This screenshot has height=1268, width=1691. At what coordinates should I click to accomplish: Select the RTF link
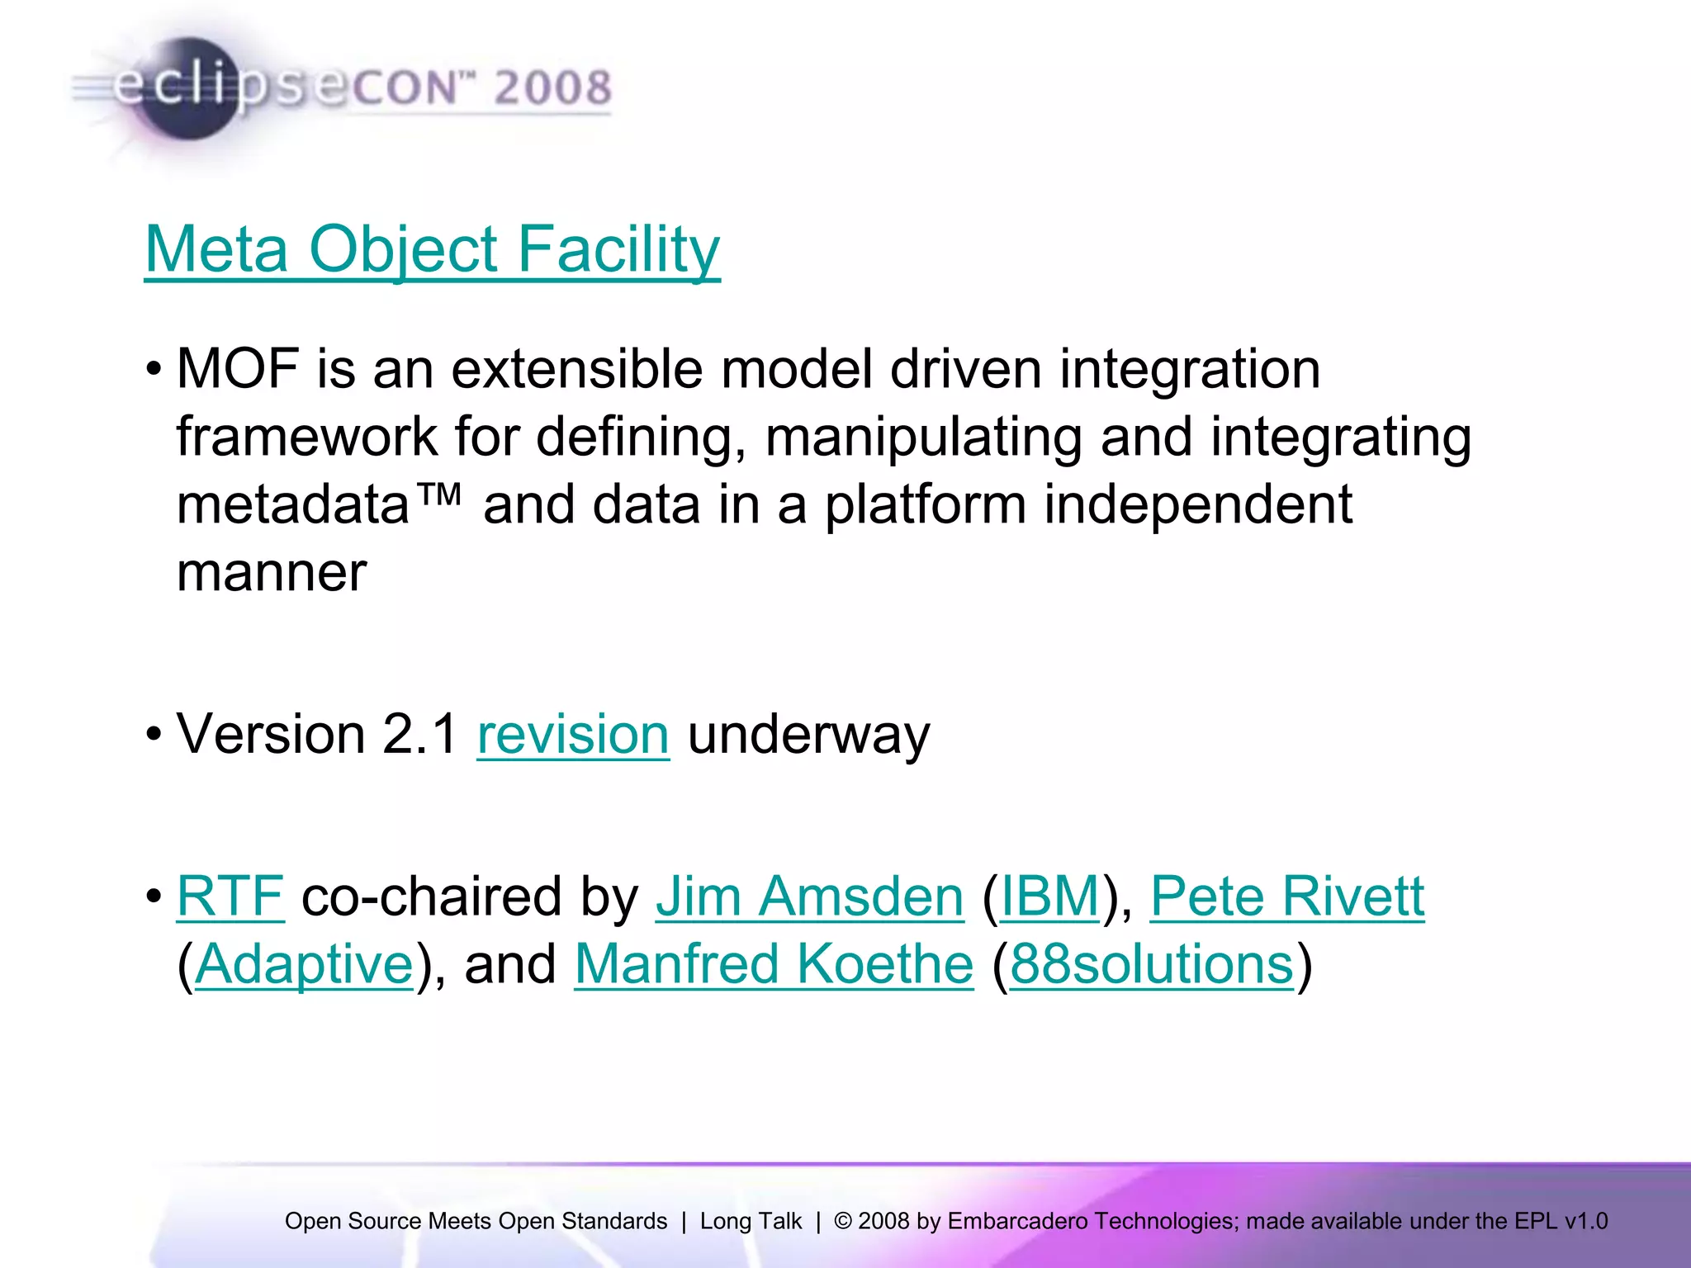pyautogui.click(x=230, y=897)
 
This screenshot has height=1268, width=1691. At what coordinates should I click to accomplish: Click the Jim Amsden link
pyautogui.click(x=809, y=897)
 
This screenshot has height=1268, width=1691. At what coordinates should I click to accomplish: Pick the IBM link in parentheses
pyautogui.click(x=1049, y=897)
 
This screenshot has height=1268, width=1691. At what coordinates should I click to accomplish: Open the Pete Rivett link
pyautogui.click(x=1287, y=897)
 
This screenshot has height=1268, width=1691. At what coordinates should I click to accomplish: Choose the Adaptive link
pyautogui.click(x=304, y=964)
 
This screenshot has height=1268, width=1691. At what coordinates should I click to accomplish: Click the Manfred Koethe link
pyautogui.click(x=774, y=964)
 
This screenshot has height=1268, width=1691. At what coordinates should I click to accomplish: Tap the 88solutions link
pyautogui.click(x=1151, y=964)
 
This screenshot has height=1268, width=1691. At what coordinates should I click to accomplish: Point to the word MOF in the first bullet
pyautogui.click(x=238, y=369)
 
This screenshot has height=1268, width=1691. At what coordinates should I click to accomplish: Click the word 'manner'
pyautogui.click(x=272, y=573)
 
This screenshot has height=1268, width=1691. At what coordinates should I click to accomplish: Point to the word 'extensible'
pyautogui.click(x=576, y=369)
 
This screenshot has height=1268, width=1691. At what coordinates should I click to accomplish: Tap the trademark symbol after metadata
pyautogui.click(x=437, y=496)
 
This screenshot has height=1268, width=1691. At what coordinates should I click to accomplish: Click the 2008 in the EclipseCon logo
pyautogui.click(x=552, y=88)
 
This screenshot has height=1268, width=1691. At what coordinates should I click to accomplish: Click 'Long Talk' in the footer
pyautogui.click(x=751, y=1221)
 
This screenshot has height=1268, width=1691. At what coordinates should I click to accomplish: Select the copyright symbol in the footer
pyautogui.click(x=842, y=1221)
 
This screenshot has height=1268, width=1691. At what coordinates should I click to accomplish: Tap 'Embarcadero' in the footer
pyautogui.click(x=1017, y=1221)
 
